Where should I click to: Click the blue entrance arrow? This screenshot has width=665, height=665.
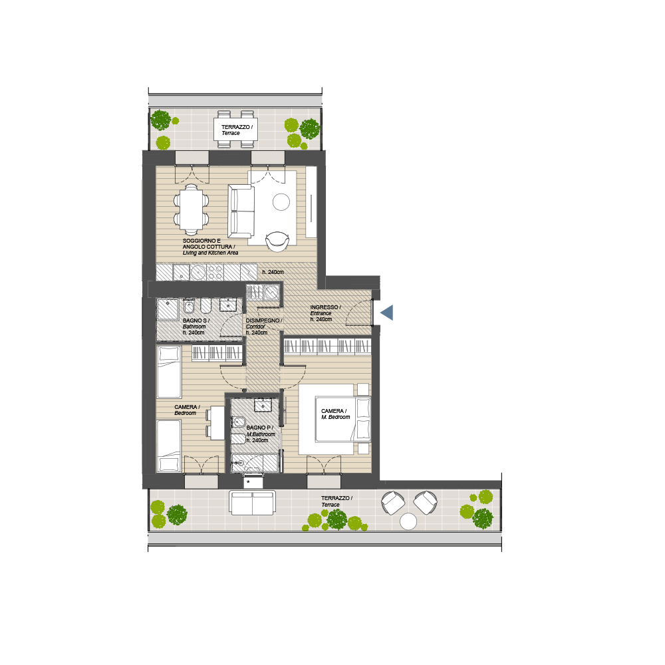coord(388,313)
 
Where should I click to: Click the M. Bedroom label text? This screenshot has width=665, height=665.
coord(335,418)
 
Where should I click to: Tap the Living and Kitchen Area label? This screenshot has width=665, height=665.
coord(210,253)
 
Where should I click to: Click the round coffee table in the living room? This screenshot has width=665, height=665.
coord(281,202)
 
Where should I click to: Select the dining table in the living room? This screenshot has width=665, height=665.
coord(192,209)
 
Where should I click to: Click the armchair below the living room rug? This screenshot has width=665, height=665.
coord(277,241)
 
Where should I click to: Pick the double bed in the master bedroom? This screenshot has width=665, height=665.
coord(342,419)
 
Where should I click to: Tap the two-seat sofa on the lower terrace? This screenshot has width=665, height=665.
coord(252,503)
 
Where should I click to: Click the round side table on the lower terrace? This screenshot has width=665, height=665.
coord(408,521)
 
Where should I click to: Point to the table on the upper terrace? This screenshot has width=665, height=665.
coord(235,130)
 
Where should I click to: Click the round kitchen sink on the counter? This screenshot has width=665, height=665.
coord(198,272)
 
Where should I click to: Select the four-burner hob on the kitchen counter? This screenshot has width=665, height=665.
coord(215,272)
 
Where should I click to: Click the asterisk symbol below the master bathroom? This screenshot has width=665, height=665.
coord(248,482)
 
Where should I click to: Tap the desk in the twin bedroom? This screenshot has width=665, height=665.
coord(217,422)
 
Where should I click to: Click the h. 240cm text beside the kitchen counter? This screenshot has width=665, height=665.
coord(273,272)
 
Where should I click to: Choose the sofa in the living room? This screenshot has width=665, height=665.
coord(241,211)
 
